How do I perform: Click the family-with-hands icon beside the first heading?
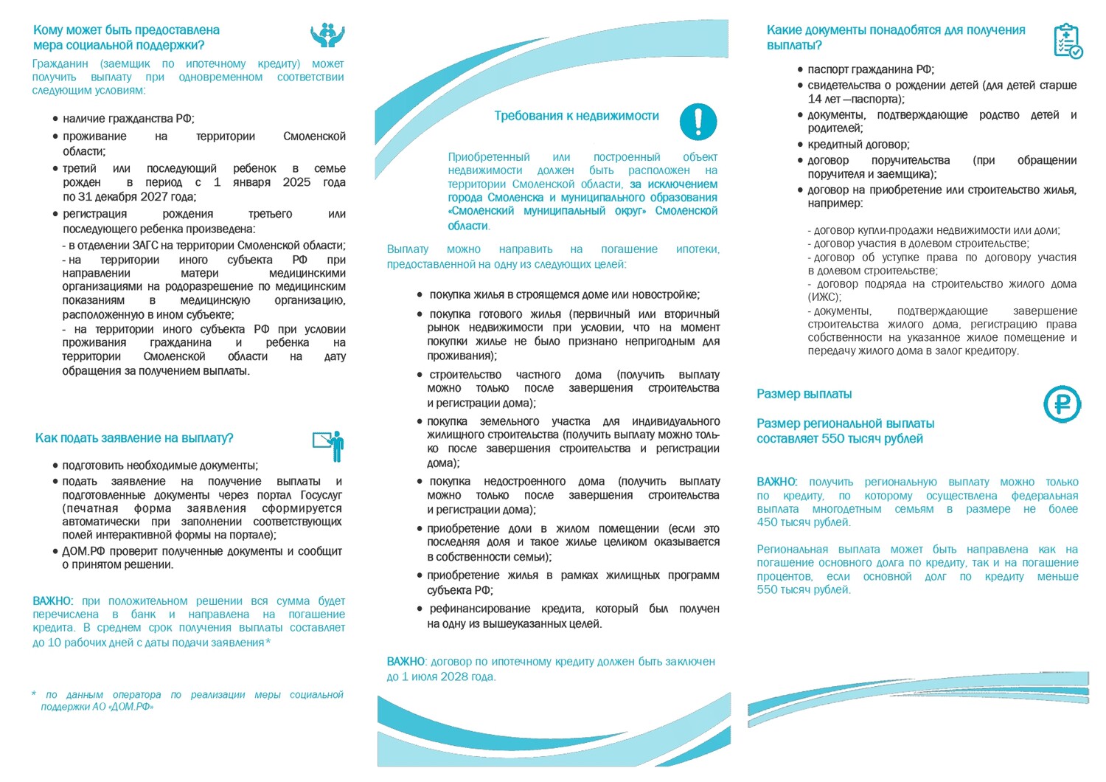pos(327,35)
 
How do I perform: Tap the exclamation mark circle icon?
pos(698,122)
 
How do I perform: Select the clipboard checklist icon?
pos(1067,41)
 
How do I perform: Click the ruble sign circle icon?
pos(1062,404)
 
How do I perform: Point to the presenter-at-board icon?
pos(329,446)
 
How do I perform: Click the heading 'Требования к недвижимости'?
pos(576,116)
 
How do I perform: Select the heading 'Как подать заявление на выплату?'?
pos(134,438)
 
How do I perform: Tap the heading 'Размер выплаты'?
pos(804,394)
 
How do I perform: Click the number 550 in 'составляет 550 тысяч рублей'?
pos(832,439)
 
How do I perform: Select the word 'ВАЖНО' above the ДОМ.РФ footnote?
pos(52,601)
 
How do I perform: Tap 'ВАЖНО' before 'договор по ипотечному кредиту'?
pos(406,662)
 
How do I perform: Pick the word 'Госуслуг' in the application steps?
pos(321,495)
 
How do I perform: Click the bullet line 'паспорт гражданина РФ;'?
pos(871,69)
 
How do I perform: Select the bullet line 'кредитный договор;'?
pos(858,145)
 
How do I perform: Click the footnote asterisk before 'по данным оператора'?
pos(34,694)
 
